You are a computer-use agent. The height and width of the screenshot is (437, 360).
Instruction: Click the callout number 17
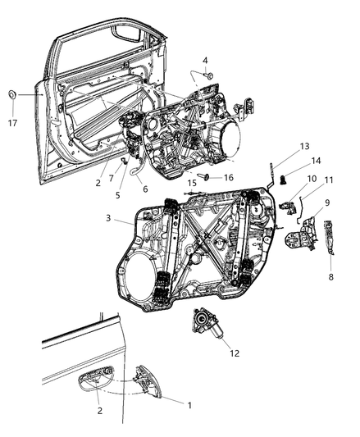coord(12,123)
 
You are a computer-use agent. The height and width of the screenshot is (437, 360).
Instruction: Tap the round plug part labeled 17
coord(12,95)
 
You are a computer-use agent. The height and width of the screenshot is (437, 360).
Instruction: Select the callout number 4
coord(205,61)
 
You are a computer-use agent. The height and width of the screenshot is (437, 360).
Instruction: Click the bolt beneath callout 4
coord(209,75)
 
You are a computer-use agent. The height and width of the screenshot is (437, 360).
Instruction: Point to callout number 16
coord(229,177)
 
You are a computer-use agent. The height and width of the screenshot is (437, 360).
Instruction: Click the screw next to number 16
coord(204,176)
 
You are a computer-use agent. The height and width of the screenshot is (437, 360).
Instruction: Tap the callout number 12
coord(235,353)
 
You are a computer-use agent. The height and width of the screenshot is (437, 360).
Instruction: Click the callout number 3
coord(108,218)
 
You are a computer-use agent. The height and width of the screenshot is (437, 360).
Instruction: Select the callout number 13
coord(305,146)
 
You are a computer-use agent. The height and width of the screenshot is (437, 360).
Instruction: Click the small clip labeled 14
coord(283,180)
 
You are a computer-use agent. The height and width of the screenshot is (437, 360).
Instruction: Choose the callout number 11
coord(329,180)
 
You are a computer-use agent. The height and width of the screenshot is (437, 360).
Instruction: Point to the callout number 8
coord(330,277)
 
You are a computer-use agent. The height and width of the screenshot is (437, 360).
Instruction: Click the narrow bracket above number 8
coord(329,238)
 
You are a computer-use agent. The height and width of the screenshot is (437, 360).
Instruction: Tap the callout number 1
coord(189,405)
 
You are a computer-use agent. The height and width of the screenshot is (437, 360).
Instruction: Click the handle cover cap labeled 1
coord(148,382)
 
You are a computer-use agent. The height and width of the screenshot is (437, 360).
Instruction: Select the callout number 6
coord(145,189)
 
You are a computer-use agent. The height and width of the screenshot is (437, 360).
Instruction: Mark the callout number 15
coord(192,183)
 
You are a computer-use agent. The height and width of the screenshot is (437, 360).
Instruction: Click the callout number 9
coord(327,203)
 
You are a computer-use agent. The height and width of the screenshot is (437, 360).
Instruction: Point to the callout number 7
coord(112,178)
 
